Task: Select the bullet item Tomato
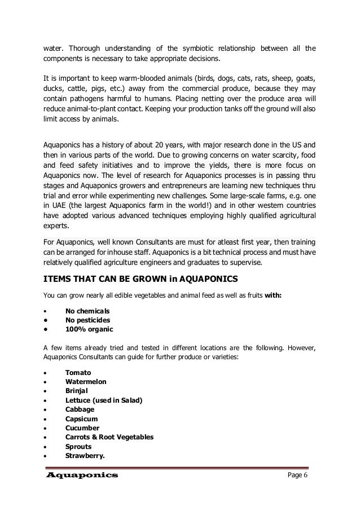(x=78, y=373)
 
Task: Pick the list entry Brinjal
(x=77, y=391)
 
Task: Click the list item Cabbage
(x=80, y=409)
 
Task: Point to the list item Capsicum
(x=82, y=419)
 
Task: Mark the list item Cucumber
(x=82, y=428)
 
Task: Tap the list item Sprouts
(x=79, y=446)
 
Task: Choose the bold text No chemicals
(x=87, y=311)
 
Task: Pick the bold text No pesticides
(x=88, y=320)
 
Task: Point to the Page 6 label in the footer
(x=299, y=476)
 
